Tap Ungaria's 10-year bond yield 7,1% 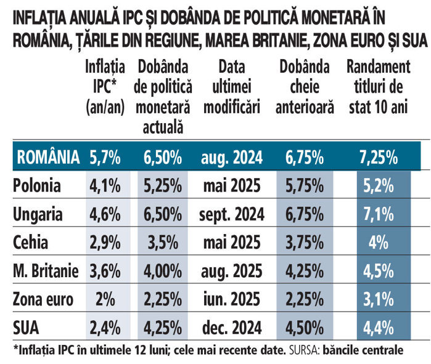click(x=383, y=215)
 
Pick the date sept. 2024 click(x=231, y=215)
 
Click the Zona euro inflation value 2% click(x=105, y=300)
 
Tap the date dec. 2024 click(x=231, y=328)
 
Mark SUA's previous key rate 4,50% click(x=305, y=328)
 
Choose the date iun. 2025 click(x=231, y=300)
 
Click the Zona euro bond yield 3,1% click(x=383, y=300)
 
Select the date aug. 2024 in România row click(x=231, y=157)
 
